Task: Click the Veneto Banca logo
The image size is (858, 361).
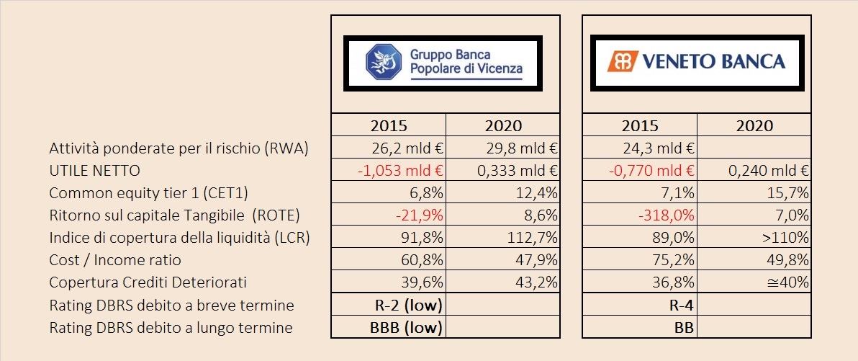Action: point(696,62)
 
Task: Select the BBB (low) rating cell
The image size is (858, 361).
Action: point(402,327)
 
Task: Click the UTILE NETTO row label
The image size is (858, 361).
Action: point(94,171)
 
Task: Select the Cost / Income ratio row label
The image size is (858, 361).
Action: point(115,260)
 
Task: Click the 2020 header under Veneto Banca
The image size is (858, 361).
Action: point(754,125)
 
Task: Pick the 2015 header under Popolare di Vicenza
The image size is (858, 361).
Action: point(389,125)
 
